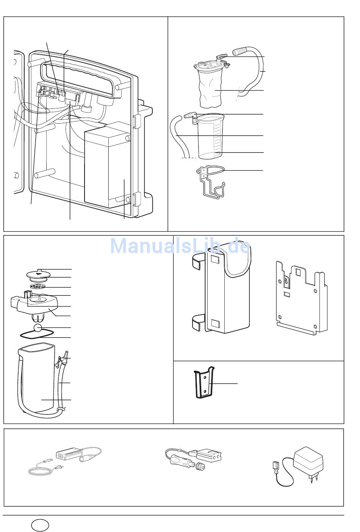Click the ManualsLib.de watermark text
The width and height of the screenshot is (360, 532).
(x=180, y=246)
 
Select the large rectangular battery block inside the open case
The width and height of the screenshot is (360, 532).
(x=108, y=165)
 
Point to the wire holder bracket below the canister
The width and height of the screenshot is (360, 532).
(x=210, y=182)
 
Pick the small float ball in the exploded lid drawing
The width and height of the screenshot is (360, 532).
(x=38, y=328)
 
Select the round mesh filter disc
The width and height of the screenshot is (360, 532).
(x=38, y=287)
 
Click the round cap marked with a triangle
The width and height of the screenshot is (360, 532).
(x=38, y=275)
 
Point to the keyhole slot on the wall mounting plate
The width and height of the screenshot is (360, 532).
(x=286, y=279)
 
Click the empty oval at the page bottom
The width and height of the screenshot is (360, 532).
(x=40, y=525)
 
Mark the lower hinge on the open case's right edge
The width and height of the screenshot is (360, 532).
(x=137, y=199)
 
